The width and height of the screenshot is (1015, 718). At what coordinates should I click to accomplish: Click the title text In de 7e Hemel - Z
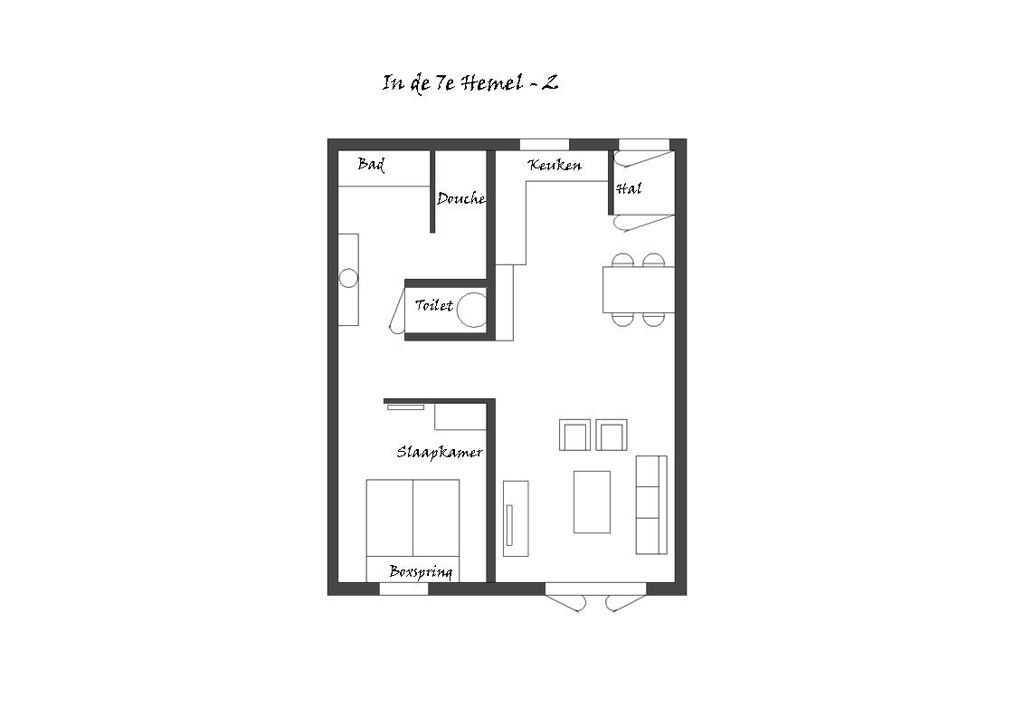point(470,83)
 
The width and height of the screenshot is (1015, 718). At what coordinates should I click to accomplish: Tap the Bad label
point(372,165)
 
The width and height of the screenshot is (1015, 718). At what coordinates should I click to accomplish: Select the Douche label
point(460,198)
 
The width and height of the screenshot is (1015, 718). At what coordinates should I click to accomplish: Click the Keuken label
point(555,166)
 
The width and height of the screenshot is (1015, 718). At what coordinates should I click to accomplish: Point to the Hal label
point(629,188)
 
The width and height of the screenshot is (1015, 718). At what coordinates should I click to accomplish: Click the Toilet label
point(433,304)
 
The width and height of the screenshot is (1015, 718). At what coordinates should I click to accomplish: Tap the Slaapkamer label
point(440,452)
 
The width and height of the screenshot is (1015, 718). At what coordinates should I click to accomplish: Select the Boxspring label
point(421,571)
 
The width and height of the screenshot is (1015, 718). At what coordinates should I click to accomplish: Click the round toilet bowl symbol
point(471,310)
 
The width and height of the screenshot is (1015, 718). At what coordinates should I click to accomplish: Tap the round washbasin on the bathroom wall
point(348,279)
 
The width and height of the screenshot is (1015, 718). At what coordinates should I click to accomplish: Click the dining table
point(639,290)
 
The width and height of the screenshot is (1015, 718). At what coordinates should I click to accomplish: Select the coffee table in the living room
point(592,502)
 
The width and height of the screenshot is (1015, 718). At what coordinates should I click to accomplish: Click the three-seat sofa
point(651,505)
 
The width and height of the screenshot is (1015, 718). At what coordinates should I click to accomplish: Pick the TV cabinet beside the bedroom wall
point(516,519)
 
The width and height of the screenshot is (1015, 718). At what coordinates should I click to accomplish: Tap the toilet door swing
point(396,311)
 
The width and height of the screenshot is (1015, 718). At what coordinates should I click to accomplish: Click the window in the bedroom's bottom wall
point(403,589)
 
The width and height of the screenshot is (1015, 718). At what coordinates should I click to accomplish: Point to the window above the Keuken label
point(545,145)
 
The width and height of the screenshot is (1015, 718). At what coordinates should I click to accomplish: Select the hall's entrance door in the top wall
point(643,153)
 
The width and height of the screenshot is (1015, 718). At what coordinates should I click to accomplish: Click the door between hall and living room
point(643,223)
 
